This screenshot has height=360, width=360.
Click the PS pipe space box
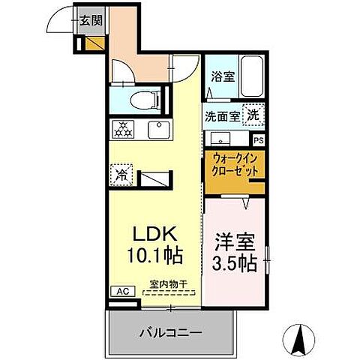pos(258,140)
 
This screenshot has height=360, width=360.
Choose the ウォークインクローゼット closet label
pos(235,164)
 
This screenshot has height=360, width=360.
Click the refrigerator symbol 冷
pos(121,175)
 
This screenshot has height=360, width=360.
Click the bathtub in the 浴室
pos(250,75)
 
